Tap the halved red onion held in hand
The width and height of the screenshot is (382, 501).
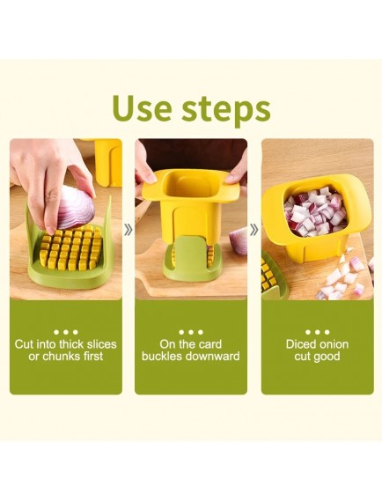pyautogui.click(x=76, y=209)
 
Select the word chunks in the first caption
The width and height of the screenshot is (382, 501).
pyautogui.click(x=61, y=357)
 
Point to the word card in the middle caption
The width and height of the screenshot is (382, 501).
pyautogui.click(x=209, y=344)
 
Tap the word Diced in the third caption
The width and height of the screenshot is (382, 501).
pyautogui.click(x=299, y=344)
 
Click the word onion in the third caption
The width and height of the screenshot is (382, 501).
pyautogui.click(x=332, y=344)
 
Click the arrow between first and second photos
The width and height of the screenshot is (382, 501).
pyautogui.click(x=129, y=230)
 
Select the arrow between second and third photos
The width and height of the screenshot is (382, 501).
pyautogui.click(x=254, y=230)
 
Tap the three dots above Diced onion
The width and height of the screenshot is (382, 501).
pyautogui.click(x=317, y=332)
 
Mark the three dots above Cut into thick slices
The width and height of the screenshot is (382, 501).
pyautogui.click(x=66, y=332)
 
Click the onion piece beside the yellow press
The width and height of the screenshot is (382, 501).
pyautogui.click(x=239, y=240)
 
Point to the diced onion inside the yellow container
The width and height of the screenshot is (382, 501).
pyautogui.click(x=316, y=211)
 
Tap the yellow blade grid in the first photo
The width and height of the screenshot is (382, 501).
pyautogui.click(x=71, y=247)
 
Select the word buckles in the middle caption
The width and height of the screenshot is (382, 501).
pyautogui.click(x=163, y=357)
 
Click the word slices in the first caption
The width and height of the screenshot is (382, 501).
pyautogui.click(x=101, y=344)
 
